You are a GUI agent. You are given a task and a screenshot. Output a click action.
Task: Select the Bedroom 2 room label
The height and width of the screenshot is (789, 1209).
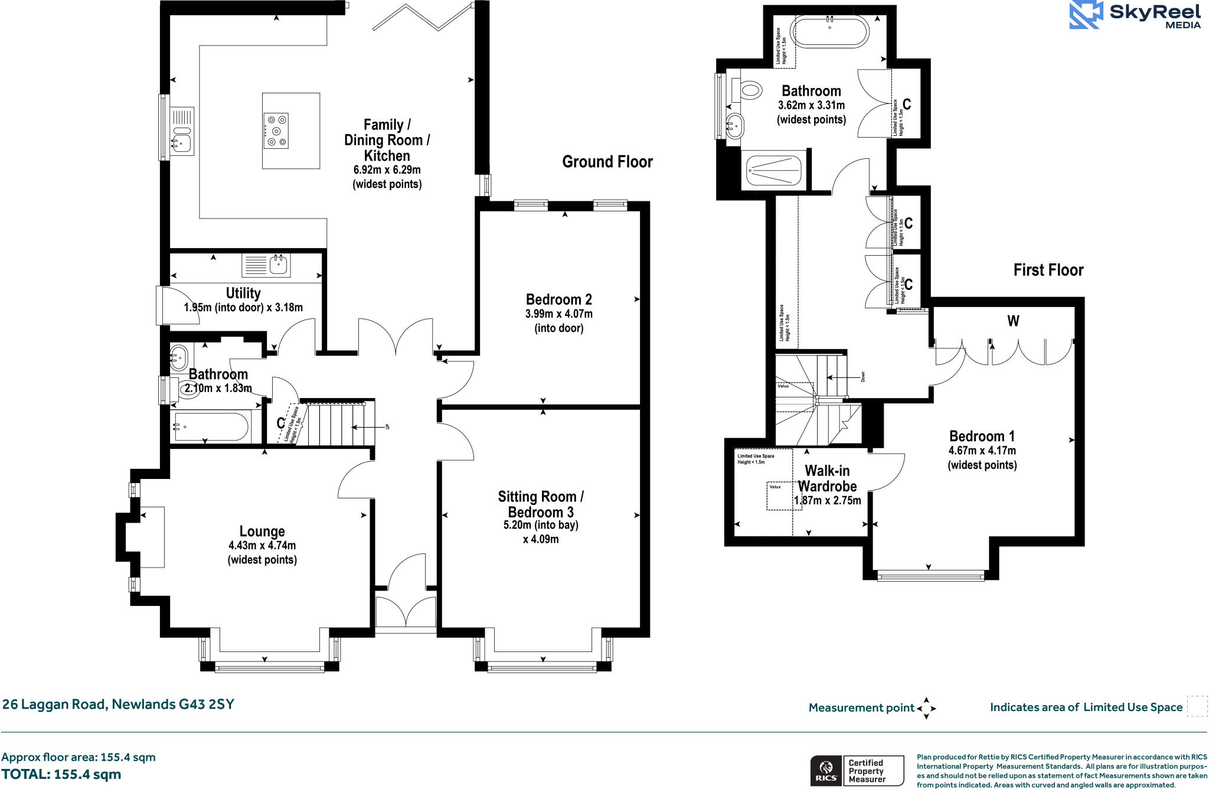point(558,299)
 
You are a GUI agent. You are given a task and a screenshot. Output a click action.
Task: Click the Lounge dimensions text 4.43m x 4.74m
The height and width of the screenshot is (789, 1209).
point(262,546)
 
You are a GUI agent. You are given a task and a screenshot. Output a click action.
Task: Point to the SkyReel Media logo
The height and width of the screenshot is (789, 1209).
point(1135,15)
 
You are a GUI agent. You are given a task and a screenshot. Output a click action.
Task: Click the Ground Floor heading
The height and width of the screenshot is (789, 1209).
point(607,162)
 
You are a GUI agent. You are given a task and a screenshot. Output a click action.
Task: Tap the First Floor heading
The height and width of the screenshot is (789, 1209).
point(1048,270)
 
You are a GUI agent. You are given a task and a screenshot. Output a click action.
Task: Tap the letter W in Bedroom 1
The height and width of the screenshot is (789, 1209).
point(1013,321)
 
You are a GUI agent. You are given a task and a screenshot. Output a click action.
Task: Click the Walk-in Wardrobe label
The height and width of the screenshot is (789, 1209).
point(827,478)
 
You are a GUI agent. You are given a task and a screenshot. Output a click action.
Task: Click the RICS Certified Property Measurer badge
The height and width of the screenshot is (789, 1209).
point(857,771)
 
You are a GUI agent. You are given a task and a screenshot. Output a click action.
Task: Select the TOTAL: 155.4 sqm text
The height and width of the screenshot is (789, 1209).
point(61,774)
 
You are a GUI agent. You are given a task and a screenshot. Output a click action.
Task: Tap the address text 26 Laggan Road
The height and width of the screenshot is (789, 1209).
point(118,704)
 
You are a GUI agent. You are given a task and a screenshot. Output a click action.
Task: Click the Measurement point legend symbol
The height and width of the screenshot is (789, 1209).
point(926,708)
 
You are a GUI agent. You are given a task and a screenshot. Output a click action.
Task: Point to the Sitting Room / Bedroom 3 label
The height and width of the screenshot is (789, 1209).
point(540,504)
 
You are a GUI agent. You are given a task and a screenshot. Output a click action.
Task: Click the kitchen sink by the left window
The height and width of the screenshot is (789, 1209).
point(181,142)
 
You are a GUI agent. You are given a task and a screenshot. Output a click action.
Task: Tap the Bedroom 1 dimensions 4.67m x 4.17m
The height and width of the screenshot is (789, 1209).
point(982,451)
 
